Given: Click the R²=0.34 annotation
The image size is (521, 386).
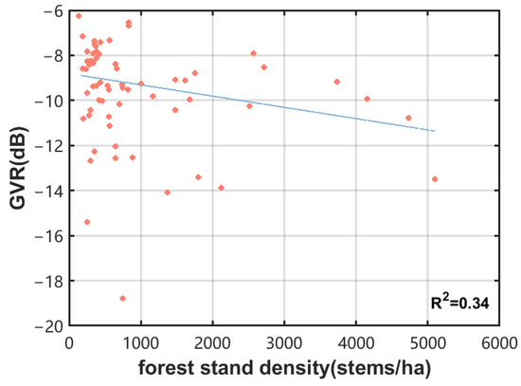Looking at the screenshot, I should pyautogui.click(x=464, y=304).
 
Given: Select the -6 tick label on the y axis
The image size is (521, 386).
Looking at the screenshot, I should pyautogui.click(x=53, y=10).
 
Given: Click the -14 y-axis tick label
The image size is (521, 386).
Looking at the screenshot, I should pyautogui.click(x=49, y=191).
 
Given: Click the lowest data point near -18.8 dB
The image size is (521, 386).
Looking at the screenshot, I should pyautogui.click(x=123, y=298).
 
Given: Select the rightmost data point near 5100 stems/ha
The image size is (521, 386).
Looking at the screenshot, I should pyautogui.click(x=435, y=179).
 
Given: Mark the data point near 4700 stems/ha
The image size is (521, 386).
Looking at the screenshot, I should pyautogui.click(x=408, y=118).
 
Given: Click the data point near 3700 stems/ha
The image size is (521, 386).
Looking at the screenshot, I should pyautogui.click(x=337, y=82).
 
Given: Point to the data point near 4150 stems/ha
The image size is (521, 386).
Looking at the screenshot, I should pyautogui.click(x=368, y=99).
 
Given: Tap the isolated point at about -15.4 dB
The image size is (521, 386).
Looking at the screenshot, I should pyautogui.click(x=87, y=222).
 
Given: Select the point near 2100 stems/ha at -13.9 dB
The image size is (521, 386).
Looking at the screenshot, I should pyautogui.click(x=222, y=188).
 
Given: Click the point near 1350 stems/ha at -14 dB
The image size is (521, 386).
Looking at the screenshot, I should pyautogui.click(x=168, y=192).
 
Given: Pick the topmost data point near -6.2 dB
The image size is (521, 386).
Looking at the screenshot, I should pyautogui.click(x=78, y=16).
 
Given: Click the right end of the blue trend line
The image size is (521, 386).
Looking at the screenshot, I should pyautogui.click(x=435, y=130).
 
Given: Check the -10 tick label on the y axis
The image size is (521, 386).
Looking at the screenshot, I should pyautogui.click(x=49, y=101).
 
